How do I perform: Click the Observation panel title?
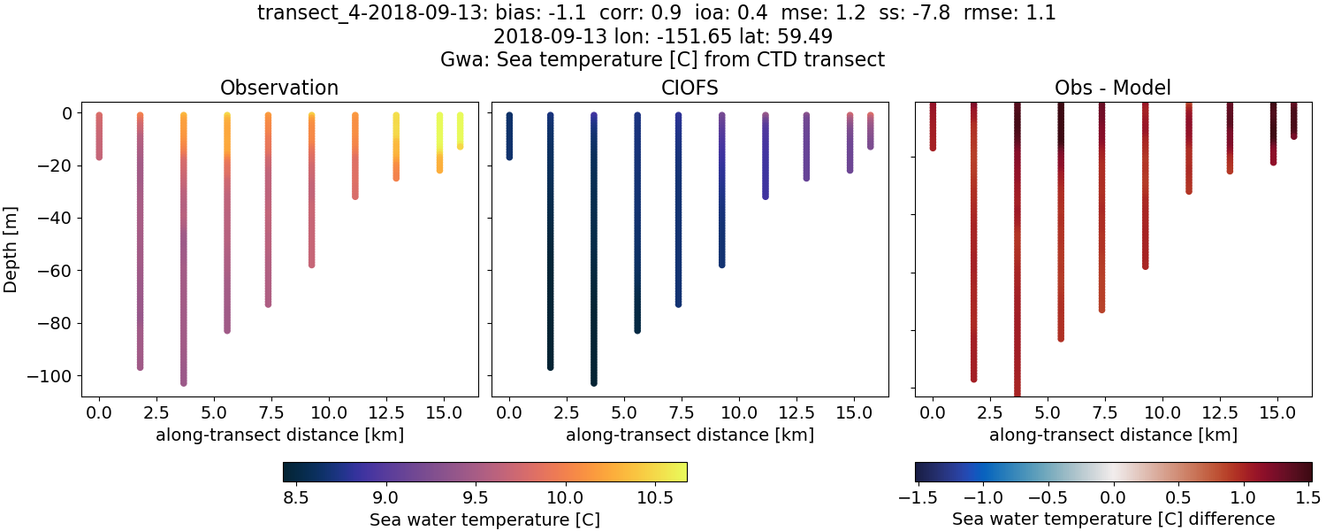279,88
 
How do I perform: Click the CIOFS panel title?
690,88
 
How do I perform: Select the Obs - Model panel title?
1112,88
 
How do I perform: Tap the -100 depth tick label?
54,376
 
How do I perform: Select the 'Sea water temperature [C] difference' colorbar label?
1113,519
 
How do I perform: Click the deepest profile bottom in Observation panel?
184,382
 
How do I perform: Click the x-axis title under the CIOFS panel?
690,435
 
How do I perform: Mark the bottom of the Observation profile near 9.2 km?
312,264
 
